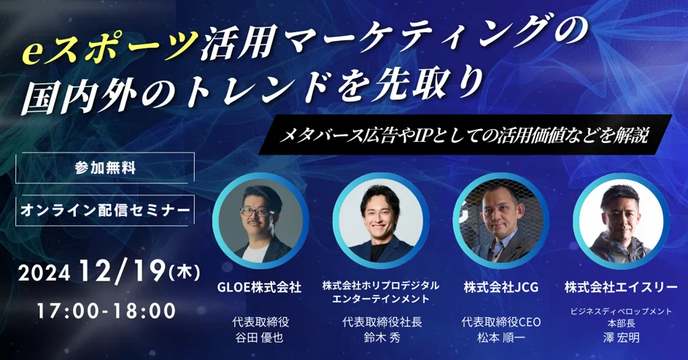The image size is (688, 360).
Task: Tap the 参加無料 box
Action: point(105,167)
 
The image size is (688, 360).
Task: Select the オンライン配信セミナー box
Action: point(105,210)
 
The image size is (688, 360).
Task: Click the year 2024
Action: point(44,273)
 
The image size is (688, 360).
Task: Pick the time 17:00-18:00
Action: point(106,311)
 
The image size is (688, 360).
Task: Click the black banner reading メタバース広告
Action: point(465,135)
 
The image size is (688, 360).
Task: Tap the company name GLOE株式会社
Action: point(259,287)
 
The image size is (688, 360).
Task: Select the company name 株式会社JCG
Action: point(501,287)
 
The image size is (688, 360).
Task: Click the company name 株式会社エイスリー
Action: point(621,287)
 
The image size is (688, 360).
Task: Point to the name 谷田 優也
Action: point(259,338)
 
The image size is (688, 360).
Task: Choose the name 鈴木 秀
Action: point(382,338)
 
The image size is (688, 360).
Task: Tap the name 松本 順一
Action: point(501,338)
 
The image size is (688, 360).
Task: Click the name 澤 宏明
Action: point(621,338)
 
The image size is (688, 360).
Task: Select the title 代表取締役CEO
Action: point(501,322)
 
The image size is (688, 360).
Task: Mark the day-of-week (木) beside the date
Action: point(185,273)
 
